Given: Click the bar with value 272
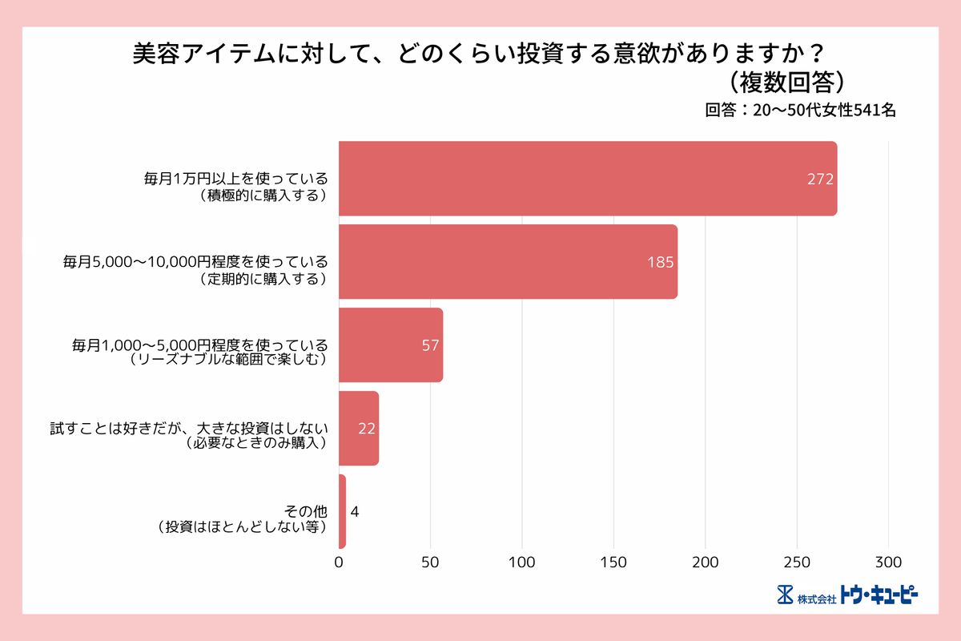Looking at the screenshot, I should [587, 179].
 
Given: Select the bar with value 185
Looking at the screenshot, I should [508, 262].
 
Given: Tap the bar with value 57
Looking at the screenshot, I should [390, 345].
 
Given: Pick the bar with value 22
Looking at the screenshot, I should [358, 429].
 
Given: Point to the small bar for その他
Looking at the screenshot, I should [342, 511].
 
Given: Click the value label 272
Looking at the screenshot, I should [820, 179].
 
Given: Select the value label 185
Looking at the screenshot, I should [660, 263].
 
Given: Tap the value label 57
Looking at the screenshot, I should [430, 346].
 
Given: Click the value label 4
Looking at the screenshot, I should [355, 512].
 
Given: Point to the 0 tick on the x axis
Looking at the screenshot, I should [339, 562].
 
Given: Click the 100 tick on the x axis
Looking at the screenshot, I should [522, 562].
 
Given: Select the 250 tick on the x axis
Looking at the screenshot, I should [797, 562].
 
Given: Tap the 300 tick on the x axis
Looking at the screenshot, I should [889, 562].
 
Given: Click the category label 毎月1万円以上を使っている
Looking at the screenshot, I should [236, 179].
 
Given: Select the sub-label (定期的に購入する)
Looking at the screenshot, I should [263, 279].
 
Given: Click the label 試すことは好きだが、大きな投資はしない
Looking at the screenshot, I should [189, 428].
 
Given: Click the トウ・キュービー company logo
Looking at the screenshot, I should [847, 595].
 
